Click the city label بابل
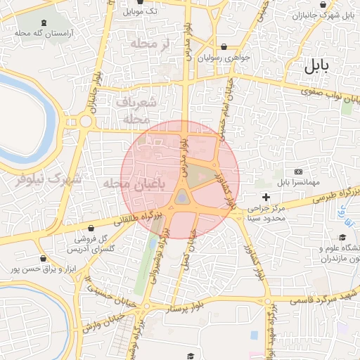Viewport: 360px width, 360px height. [x=317, y=67]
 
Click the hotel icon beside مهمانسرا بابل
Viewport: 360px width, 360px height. [x=298, y=172]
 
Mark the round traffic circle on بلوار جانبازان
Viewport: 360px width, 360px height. [x=86, y=121]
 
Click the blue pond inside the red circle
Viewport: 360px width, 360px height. [x=182, y=198]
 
